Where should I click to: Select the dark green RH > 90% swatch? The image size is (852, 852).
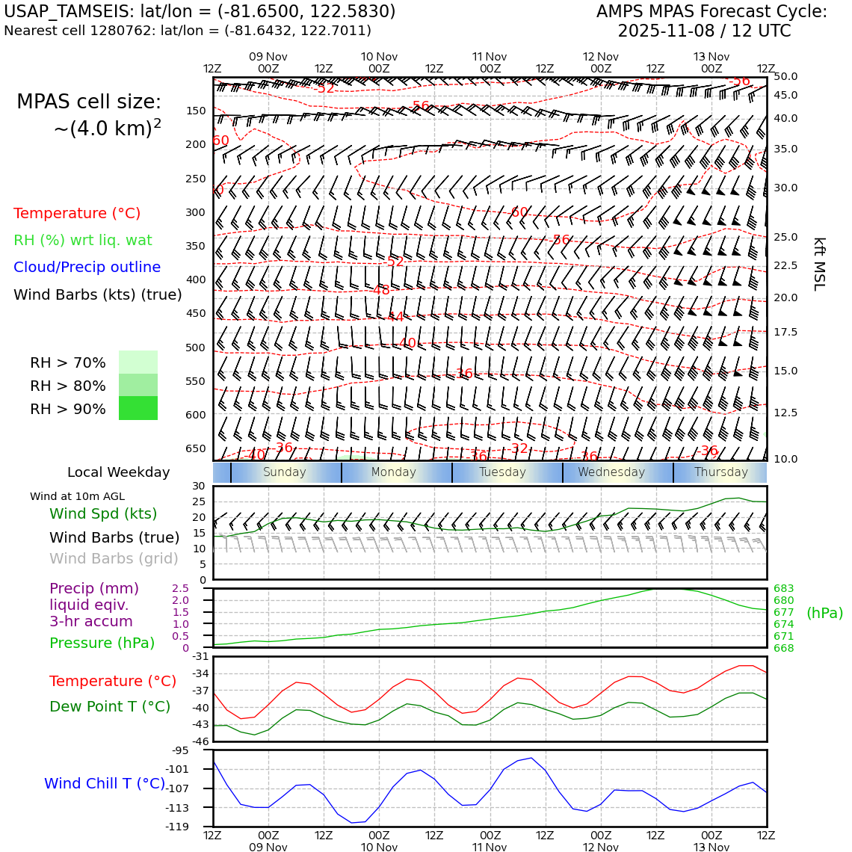[138, 409]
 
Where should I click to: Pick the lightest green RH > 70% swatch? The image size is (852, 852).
[138, 362]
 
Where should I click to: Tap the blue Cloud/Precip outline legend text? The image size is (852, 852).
[87, 268]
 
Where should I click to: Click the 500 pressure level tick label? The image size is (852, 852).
[196, 348]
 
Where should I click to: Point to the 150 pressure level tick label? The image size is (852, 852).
[196, 111]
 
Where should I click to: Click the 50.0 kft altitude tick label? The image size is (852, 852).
[785, 76]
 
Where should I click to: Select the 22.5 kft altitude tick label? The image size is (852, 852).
[785, 265]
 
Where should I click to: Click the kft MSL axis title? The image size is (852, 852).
[819, 264]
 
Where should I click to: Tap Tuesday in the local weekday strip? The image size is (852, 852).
[502, 472]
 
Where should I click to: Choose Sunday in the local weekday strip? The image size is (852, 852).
[284, 472]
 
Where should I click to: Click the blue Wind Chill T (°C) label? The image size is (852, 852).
[105, 784]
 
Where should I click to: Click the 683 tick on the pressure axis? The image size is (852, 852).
[783, 589]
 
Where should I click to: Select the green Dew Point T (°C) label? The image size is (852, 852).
[110, 707]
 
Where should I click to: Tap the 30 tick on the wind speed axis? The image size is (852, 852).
[199, 486]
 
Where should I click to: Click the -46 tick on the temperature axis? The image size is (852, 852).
[201, 742]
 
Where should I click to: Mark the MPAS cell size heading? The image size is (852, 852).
[89, 102]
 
